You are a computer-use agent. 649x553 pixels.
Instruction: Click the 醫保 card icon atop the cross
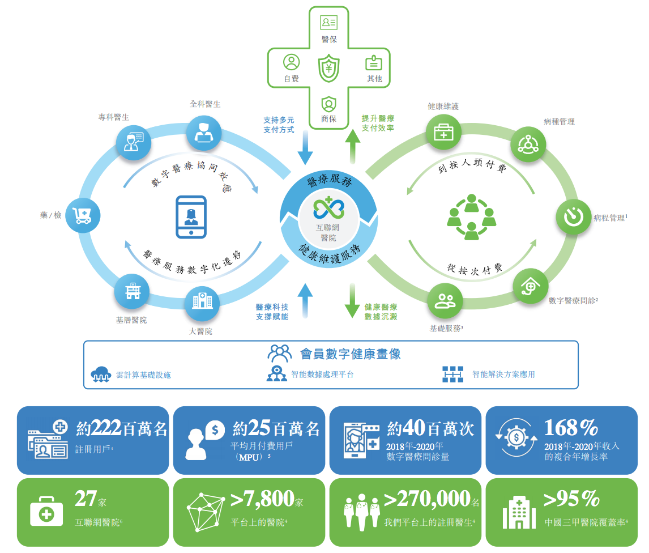tap(329, 22)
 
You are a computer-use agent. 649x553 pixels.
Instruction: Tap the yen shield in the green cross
tap(328, 69)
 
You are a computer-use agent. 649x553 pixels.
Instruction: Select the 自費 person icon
tap(292, 62)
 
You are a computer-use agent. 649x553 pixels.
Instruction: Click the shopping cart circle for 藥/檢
tap(83, 215)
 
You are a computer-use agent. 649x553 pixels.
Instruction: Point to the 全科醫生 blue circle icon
tap(204, 133)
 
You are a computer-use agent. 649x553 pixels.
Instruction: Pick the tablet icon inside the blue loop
tap(191, 217)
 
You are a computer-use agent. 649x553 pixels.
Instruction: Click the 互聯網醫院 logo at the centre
tap(328, 208)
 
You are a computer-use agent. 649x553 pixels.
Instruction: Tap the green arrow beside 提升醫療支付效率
tap(353, 146)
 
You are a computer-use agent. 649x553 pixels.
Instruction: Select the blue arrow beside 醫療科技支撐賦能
tap(305, 300)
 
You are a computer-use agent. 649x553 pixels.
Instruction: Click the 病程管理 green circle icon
tap(573, 216)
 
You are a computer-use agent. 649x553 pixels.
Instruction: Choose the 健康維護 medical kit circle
tap(443, 132)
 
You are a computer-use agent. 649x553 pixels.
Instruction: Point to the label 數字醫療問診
tap(573, 301)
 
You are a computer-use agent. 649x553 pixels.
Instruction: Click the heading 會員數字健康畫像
tap(350, 354)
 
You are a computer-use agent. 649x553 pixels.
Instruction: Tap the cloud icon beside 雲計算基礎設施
tap(101, 374)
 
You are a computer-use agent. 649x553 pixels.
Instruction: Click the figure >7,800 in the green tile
tap(262, 498)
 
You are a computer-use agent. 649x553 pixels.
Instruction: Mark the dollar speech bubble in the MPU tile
tap(215, 430)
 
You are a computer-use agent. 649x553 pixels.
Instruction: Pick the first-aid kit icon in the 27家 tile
tap(46, 511)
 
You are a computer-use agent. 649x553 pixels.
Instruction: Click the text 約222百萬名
tap(122, 428)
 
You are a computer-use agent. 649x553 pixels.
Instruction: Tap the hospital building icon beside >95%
tap(519, 512)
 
